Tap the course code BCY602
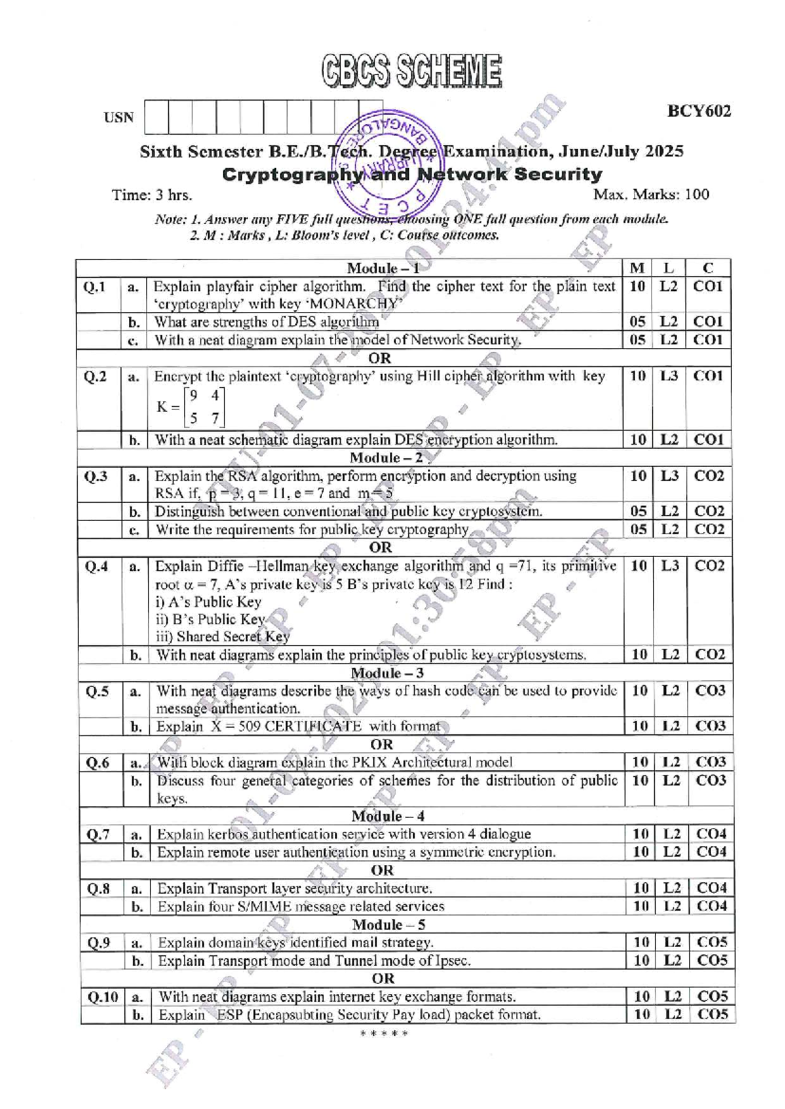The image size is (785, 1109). (698, 111)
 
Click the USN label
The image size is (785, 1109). (118, 118)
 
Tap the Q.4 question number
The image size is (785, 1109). (97, 566)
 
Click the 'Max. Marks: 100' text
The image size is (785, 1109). (650, 195)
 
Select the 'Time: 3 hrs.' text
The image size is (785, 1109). (152, 195)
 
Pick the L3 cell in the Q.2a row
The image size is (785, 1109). (669, 376)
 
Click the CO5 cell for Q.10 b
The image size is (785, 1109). (712, 1014)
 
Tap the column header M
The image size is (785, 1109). (637, 268)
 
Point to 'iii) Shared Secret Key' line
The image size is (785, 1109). (222, 636)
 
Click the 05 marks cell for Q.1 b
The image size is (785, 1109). (637, 322)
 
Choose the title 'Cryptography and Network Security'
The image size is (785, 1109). (411, 175)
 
